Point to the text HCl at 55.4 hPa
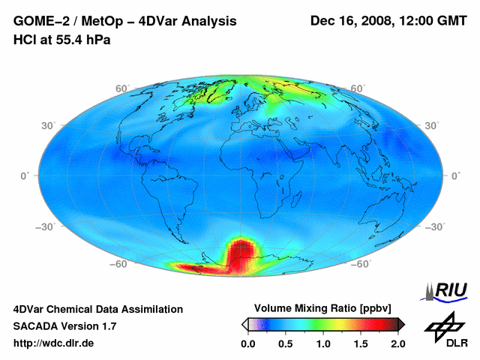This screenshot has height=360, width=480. click(x=62, y=40)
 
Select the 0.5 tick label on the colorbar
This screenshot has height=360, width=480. click(x=286, y=343)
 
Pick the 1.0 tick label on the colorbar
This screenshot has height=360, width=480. click(x=323, y=343)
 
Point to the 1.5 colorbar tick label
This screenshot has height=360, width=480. click(x=361, y=343)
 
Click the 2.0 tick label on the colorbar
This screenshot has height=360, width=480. click(x=397, y=343)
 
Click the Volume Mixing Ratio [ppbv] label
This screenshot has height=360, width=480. click(x=319, y=308)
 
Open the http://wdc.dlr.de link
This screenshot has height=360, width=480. click(x=54, y=343)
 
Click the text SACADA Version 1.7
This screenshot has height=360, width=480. click(x=65, y=326)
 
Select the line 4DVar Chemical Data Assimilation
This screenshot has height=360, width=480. click(x=97, y=309)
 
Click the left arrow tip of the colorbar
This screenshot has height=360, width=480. click(x=243, y=323)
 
